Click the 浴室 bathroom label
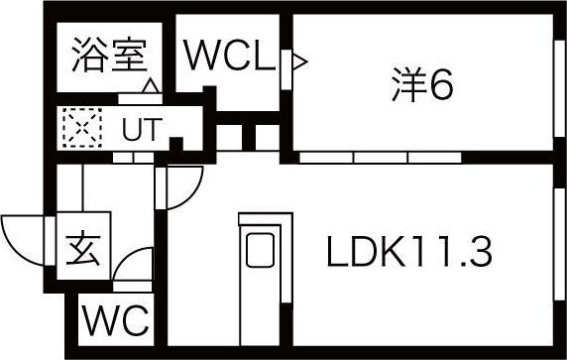[x=110, y=55]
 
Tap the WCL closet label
[x=230, y=55]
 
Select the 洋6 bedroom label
[x=422, y=84]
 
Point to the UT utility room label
[x=142, y=129]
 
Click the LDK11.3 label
[x=409, y=251]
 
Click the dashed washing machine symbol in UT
[x=82, y=128]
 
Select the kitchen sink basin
[x=260, y=250]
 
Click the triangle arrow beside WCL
[x=299, y=61]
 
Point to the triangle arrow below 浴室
[x=151, y=86]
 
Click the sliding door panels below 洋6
[x=381, y=158]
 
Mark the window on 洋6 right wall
[x=559, y=88]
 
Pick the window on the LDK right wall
[x=559, y=244]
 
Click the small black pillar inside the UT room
[x=176, y=144]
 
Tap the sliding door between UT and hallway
[x=133, y=158]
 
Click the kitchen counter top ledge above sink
[x=266, y=218]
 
